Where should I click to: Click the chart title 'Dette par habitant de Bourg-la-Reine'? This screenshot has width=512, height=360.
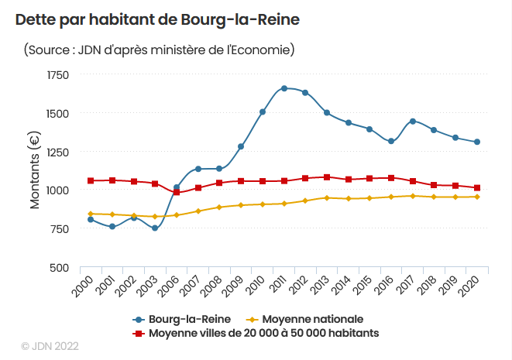[157, 19]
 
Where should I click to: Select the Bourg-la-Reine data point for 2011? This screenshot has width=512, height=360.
[284, 88]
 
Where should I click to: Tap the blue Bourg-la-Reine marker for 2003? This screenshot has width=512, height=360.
[155, 228]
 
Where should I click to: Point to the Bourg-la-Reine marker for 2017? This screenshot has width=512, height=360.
[413, 122]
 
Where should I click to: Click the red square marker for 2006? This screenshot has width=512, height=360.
[177, 192]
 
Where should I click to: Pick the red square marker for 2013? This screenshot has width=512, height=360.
[327, 177]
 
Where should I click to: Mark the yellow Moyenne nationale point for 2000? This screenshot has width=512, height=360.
[91, 214]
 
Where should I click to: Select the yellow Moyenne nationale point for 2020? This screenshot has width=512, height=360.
[477, 197]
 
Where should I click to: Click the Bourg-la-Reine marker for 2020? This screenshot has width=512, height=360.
[477, 142]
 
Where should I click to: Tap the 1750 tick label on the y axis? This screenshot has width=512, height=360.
[58, 75]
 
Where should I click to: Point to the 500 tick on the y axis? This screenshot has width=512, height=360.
[60, 268]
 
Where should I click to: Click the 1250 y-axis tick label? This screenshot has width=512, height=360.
[58, 152]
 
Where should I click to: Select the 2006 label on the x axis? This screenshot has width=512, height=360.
[169, 286]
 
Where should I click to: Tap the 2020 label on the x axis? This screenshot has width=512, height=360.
[469, 286]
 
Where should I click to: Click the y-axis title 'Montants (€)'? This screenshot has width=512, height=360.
[35, 170]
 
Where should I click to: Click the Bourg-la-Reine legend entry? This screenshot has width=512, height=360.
[181, 319]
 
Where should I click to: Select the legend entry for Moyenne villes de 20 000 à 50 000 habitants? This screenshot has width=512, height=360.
[256, 333]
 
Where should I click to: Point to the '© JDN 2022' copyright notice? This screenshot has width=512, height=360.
[50, 346]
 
